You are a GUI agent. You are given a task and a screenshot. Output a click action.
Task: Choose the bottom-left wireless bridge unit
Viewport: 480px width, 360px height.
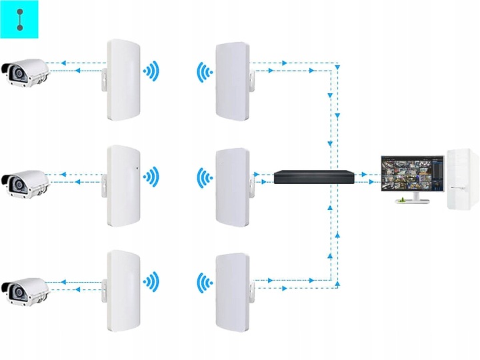(123, 291)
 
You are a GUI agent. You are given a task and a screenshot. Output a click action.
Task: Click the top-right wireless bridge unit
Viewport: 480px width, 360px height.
(231, 80)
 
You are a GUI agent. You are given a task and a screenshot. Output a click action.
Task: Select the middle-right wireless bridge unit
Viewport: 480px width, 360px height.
(231, 187)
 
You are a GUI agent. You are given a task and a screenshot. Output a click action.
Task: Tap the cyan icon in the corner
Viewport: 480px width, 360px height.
(20, 19)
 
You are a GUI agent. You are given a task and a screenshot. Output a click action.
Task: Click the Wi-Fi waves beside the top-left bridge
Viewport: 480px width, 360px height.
(153, 71)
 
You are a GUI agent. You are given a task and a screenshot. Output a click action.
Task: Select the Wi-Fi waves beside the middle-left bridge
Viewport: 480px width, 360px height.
(153, 177)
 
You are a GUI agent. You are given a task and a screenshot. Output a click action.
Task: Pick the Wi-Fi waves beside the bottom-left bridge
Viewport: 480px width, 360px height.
(153, 281)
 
